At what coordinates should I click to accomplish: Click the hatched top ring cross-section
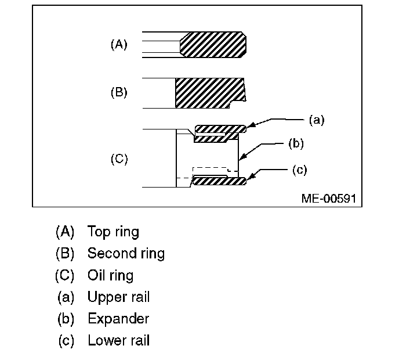point(213,44)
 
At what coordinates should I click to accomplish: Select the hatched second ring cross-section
point(209,92)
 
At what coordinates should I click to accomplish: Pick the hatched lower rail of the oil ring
point(219,182)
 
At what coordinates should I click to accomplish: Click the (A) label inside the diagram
point(119,45)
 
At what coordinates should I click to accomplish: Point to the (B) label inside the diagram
point(119,92)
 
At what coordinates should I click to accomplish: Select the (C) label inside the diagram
point(119,159)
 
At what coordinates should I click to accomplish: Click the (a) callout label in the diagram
point(315,120)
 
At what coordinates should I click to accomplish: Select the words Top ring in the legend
point(113,232)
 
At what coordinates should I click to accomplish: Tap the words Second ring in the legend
point(126,253)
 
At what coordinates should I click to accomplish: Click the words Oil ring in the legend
point(110,275)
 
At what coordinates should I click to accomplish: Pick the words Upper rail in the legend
point(118,297)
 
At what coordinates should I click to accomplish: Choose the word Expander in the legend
point(118,319)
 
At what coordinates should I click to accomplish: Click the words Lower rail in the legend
point(118,340)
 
